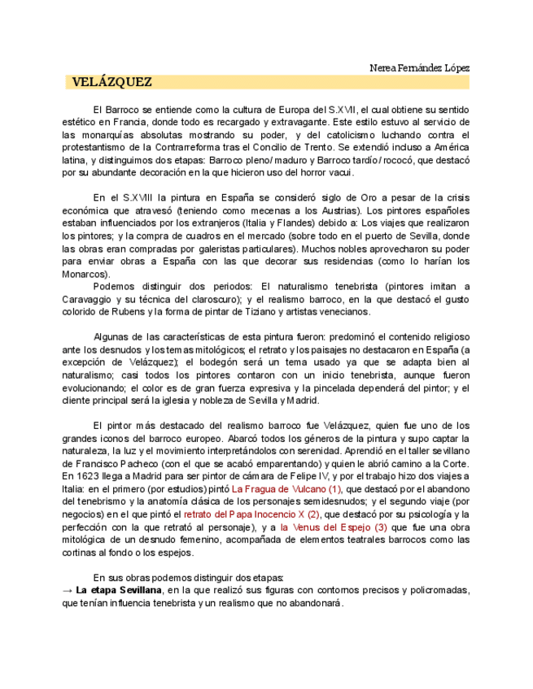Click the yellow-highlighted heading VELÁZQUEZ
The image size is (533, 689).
pos(111,82)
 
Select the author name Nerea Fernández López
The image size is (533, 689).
pos(419,67)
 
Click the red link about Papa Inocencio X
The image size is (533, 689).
pos(251,514)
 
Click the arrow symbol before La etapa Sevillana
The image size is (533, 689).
pos(68,590)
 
